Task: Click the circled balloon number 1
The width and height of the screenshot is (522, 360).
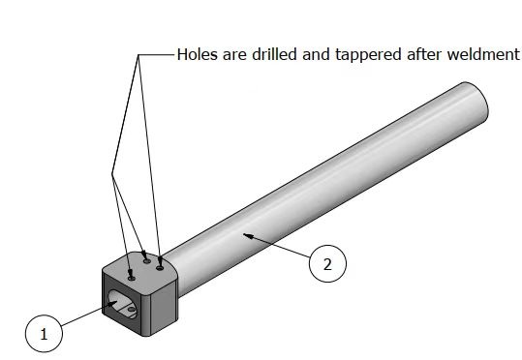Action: pos(44,333)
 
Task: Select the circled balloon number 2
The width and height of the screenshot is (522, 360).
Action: pos(327,264)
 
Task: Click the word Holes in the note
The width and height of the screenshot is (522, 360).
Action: pos(198,54)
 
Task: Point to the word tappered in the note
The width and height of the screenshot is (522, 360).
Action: pos(368,55)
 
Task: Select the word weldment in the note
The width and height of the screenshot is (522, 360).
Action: pos(483,54)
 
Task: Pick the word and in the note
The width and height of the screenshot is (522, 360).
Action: pos(316,54)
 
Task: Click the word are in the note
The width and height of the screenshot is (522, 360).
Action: pos(234,55)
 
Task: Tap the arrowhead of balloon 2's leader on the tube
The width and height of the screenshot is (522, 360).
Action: pos(246,235)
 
